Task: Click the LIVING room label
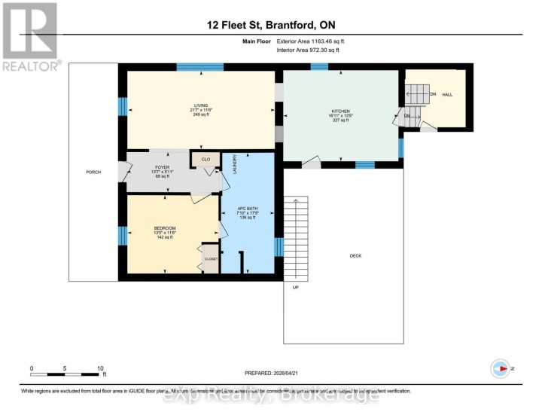200,105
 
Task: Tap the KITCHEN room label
341,111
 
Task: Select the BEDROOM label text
166,228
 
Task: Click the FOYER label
162,166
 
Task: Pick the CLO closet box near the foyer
206,160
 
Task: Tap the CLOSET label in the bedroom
211,259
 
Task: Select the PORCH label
93,172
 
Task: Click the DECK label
356,255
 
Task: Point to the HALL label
447,94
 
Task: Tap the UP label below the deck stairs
295,287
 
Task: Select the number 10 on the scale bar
100,369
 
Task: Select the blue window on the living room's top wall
199,67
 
